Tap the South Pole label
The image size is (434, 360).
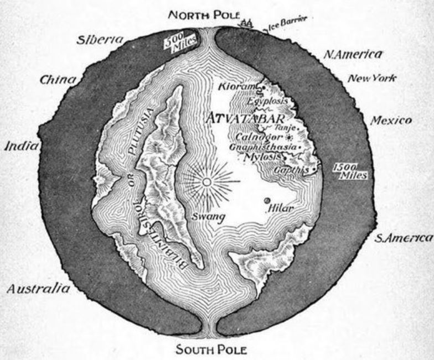point(208,349)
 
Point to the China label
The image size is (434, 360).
point(58,80)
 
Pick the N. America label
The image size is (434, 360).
point(352,55)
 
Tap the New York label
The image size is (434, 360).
point(371,79)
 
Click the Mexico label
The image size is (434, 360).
point(391,120)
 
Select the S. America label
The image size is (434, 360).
point(402,238)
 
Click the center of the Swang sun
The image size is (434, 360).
point(206,181)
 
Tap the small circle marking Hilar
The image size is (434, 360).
point(266,201)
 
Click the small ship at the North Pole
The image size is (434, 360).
point(246,23)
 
